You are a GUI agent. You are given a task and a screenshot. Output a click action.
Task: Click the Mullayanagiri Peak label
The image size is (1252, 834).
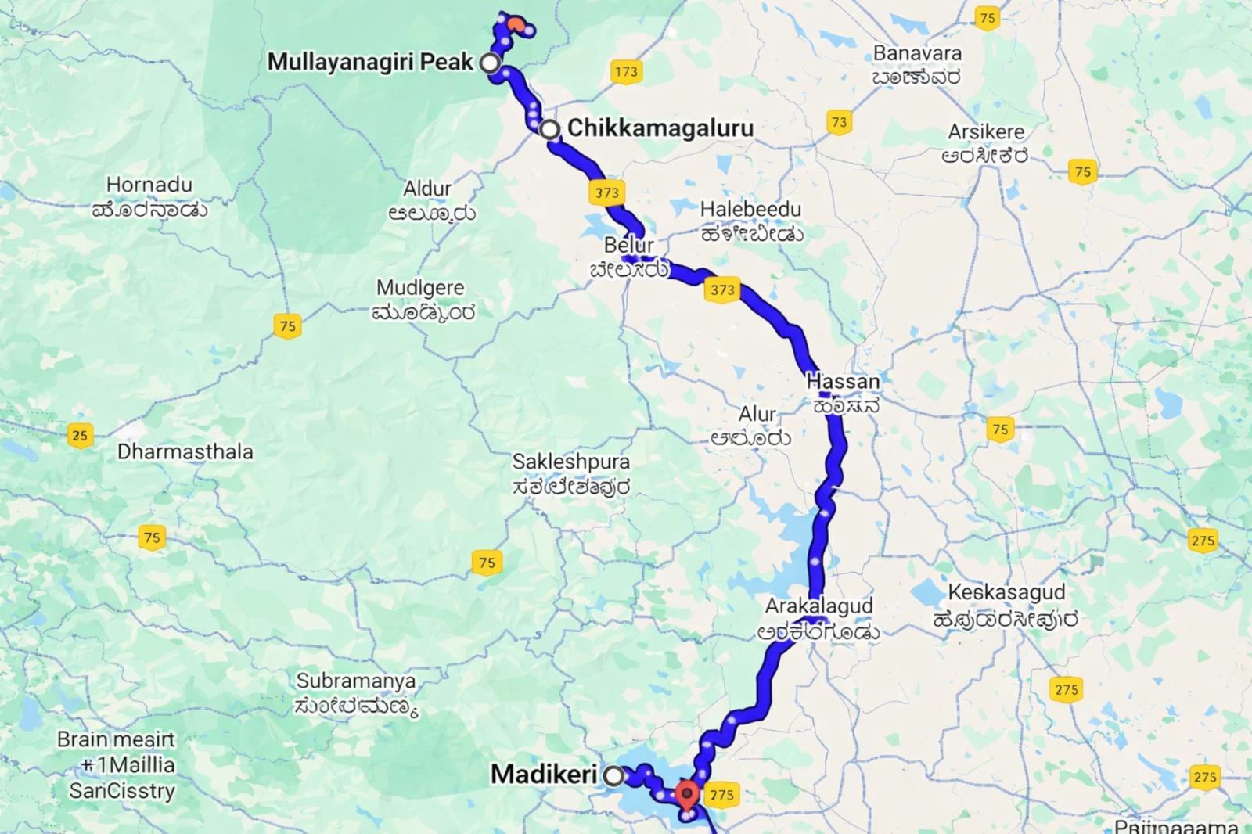[370, 62]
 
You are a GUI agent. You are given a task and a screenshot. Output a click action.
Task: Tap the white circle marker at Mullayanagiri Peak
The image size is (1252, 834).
[490, 63]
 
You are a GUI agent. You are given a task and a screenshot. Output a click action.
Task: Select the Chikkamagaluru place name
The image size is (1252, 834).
[660, 128]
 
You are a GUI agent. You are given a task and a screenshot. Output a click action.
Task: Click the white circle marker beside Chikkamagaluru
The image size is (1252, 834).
[550, 129]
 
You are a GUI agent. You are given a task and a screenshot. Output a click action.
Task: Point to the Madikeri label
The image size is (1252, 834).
[543, 775]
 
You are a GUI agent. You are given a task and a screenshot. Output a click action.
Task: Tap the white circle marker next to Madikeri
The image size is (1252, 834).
[614, 776]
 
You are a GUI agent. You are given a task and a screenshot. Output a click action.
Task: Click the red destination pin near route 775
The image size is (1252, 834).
[687, 795]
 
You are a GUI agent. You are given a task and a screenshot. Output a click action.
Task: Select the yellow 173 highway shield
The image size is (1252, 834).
[626, 72]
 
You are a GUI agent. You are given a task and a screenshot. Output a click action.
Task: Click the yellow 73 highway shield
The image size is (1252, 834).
[839, 122]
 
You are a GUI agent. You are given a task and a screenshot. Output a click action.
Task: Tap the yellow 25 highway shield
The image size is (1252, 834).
[80, 435]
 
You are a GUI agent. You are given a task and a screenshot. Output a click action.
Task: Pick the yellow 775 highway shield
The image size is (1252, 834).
[721, 795]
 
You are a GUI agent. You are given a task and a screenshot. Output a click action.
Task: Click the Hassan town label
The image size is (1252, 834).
[843, 382]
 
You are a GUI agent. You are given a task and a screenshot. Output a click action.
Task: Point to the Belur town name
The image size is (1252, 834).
[628, 245]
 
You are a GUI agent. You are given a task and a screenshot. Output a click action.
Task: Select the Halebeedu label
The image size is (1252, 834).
[750, 210]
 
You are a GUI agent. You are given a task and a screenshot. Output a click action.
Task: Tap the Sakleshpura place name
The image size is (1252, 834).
[570, 462]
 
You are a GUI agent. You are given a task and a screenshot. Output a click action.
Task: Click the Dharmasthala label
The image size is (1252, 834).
[185, 451]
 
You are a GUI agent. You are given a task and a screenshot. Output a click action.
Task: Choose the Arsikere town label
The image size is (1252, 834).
[985, 131]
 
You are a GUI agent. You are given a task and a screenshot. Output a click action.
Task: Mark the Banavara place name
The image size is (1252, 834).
[917, 53]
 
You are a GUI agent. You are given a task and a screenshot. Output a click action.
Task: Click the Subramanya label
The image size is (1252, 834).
[356, 681]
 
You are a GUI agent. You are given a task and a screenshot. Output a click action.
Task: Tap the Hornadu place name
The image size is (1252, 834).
[149, 185]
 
